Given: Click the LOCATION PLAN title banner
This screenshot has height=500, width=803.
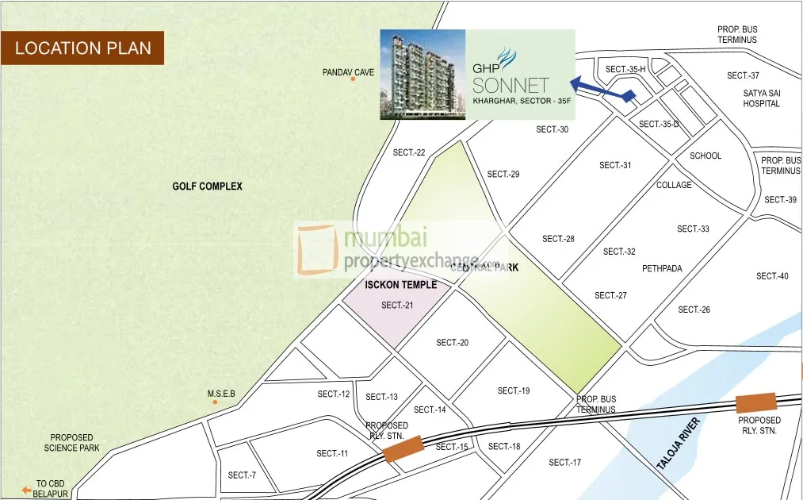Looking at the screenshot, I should (82, 48).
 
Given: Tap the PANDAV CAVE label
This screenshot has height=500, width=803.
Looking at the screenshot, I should (348, 72).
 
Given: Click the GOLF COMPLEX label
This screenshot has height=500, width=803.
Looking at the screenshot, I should (208, 187).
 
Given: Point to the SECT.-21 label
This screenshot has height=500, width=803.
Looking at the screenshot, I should (397, 305).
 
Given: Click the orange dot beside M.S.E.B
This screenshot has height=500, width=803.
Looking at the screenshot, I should (214, 402).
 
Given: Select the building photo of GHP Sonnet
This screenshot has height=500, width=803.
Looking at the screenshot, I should (423, 75).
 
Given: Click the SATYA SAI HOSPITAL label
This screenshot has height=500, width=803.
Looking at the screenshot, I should (761, 98).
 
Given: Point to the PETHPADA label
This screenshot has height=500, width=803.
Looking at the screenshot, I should (662, 268).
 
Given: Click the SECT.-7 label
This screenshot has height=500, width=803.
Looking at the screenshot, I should (242, 475).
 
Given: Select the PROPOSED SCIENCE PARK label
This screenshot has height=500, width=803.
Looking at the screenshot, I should (72, 443).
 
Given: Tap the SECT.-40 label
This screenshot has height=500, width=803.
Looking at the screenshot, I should (772, 276).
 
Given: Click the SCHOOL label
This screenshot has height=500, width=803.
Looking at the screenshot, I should (705, 156).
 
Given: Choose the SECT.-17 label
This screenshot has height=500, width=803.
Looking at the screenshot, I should (565, 462).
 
